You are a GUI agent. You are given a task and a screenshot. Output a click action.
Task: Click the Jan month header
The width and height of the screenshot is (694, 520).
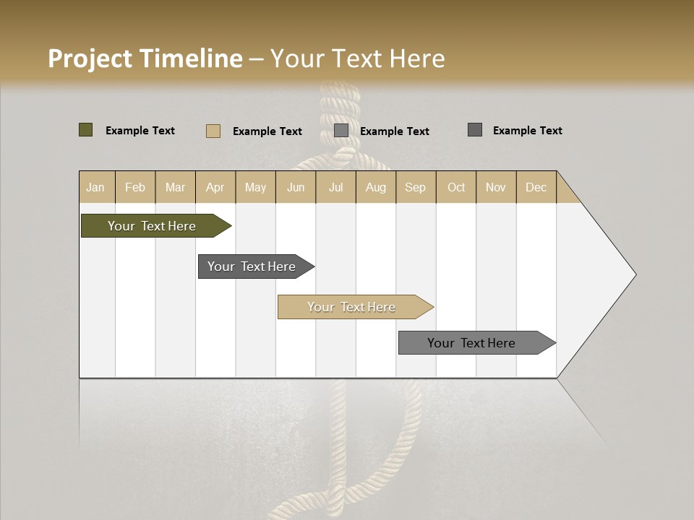95,187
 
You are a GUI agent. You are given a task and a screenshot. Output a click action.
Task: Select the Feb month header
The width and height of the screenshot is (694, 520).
135,187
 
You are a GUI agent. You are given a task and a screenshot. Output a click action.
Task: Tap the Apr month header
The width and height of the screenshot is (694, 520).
215,187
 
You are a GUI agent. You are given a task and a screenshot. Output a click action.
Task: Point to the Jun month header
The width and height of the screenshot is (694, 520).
296,187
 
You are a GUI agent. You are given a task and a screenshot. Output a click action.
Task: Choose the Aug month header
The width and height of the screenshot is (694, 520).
375,187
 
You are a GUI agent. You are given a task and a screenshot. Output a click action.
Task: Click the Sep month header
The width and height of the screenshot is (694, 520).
415,187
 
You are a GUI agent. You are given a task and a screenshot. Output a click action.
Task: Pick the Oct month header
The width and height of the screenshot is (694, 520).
456,187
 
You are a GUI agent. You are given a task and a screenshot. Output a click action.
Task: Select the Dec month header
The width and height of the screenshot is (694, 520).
536,187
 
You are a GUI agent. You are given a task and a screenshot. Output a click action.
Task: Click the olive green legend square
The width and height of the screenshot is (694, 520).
85,130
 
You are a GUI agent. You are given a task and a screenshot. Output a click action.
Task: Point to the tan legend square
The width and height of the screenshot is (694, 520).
213,131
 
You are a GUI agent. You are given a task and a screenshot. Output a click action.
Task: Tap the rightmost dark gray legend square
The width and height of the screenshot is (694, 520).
475,130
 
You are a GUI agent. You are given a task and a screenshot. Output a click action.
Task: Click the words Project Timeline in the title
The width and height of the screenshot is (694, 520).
145,58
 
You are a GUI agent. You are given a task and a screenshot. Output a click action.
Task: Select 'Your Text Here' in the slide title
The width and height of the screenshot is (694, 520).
357,58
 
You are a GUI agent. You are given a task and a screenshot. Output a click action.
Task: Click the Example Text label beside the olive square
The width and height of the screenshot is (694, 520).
140,131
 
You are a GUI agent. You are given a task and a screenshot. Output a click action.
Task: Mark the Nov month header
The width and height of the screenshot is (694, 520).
496,187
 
